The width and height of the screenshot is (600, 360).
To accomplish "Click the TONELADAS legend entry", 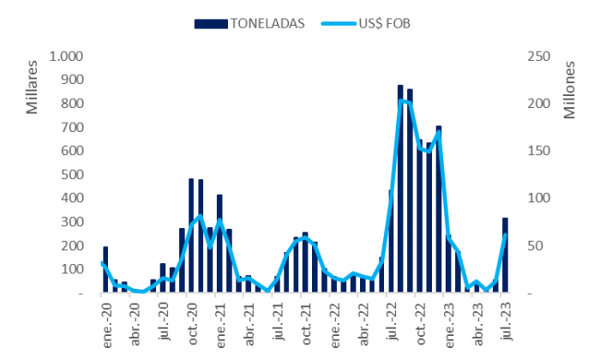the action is point(249,24).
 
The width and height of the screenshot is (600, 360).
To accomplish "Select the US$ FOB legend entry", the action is point(365,24).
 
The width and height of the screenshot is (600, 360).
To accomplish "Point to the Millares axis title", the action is point(33,87).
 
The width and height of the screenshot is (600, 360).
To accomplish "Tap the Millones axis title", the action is point(569,90).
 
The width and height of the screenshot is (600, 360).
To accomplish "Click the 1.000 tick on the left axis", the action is point(66,57).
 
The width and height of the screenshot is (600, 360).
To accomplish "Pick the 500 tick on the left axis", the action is point(72,175).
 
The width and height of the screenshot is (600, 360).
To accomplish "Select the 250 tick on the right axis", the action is point(539,57).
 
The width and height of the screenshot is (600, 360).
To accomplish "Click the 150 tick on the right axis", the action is point(539,151).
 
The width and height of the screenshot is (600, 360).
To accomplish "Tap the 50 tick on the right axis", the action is point(535,245).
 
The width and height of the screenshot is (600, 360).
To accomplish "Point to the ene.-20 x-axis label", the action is point(106,325).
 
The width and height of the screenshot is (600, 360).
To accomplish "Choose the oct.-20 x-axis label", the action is point(192,324).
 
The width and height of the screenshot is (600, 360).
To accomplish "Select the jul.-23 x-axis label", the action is point(506,321).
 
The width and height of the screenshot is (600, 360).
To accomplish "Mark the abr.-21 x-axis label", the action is point(249,324).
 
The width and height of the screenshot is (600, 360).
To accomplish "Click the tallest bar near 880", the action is point(400,189).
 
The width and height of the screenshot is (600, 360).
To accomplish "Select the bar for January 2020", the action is point(105,270).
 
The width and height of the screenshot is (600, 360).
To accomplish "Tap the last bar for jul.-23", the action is point(505,255).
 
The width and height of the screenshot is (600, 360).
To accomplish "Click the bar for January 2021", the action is point(219,243).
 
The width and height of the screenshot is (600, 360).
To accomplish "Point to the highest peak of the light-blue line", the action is point(400,100).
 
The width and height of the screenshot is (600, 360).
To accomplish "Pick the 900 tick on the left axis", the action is point(72,80).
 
